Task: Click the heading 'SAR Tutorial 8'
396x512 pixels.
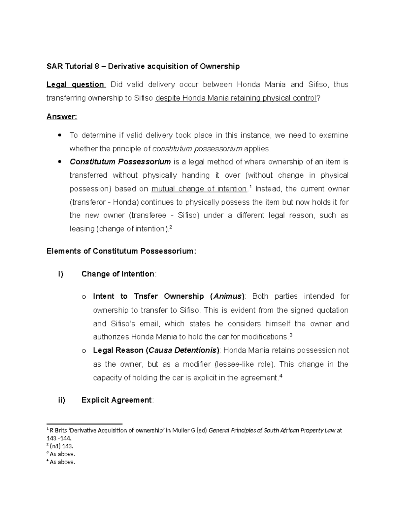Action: [x=73, y=67]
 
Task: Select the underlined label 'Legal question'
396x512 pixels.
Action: [x=76, y=85]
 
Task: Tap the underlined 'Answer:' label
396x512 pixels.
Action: [x=62, y=117]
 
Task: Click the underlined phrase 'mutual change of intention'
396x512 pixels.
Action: [x=199, y=189]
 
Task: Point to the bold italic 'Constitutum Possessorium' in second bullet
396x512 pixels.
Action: [x=120, y=162]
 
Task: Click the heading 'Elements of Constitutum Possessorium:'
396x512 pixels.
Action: [x=121, y=251]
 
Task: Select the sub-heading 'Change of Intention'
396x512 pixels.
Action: [x=118, y=274]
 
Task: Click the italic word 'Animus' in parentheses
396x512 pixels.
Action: [x=227, y=296]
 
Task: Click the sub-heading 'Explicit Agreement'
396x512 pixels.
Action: [x=116, y=400]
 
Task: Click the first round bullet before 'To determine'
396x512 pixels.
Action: [x=59, y=135]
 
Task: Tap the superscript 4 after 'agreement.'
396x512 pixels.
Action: [x=280, y=376]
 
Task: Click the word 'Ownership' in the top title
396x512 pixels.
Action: [x=223, y=67]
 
